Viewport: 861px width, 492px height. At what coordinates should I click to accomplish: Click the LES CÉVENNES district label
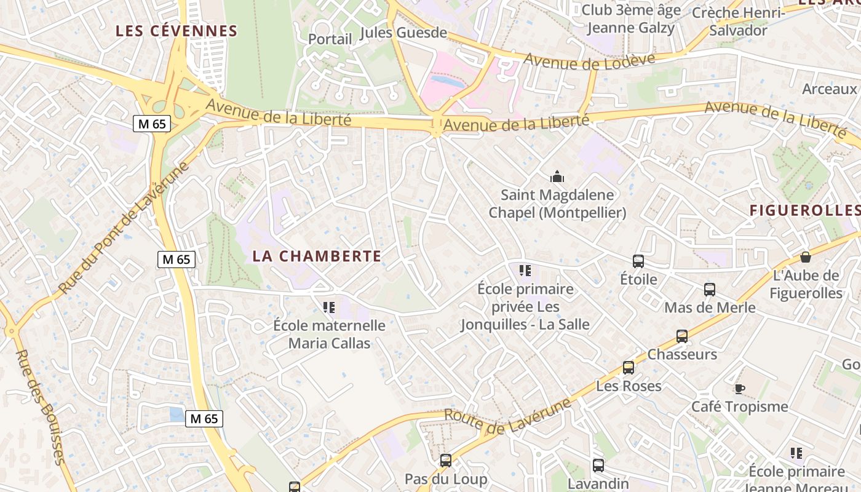coord(177,31)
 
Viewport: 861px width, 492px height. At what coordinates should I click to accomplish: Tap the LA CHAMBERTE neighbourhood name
coord(317,256)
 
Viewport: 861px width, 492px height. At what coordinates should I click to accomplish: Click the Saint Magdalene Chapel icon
coord(557,178)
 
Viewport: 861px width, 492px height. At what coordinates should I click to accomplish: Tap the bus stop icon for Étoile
coord(638,261)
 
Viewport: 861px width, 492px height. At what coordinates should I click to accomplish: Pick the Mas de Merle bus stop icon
coord(710,290)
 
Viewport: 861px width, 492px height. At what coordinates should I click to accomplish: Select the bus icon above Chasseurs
coord(682,336)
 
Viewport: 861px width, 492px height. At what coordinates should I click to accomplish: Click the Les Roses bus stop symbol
coord(629,368)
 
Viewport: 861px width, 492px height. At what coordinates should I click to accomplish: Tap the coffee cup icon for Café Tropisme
coord(739,389)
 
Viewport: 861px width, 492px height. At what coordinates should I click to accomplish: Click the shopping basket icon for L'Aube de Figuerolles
coord(806,257)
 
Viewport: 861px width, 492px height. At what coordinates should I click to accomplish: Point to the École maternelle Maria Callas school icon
coord(329,307)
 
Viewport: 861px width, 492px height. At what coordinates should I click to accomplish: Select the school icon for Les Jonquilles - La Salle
coord(525,271)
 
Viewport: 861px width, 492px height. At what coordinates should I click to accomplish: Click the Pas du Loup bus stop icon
coord(446,461)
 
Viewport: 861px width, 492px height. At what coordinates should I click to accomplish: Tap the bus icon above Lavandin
coord(598,466)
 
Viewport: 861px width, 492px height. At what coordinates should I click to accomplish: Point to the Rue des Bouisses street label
coord(40,406)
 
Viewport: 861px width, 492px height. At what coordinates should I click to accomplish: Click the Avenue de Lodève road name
coord(590,60)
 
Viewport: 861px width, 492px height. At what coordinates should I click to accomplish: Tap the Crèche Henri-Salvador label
coord(738,22)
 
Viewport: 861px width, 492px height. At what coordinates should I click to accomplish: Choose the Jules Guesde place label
coord(403,33)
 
